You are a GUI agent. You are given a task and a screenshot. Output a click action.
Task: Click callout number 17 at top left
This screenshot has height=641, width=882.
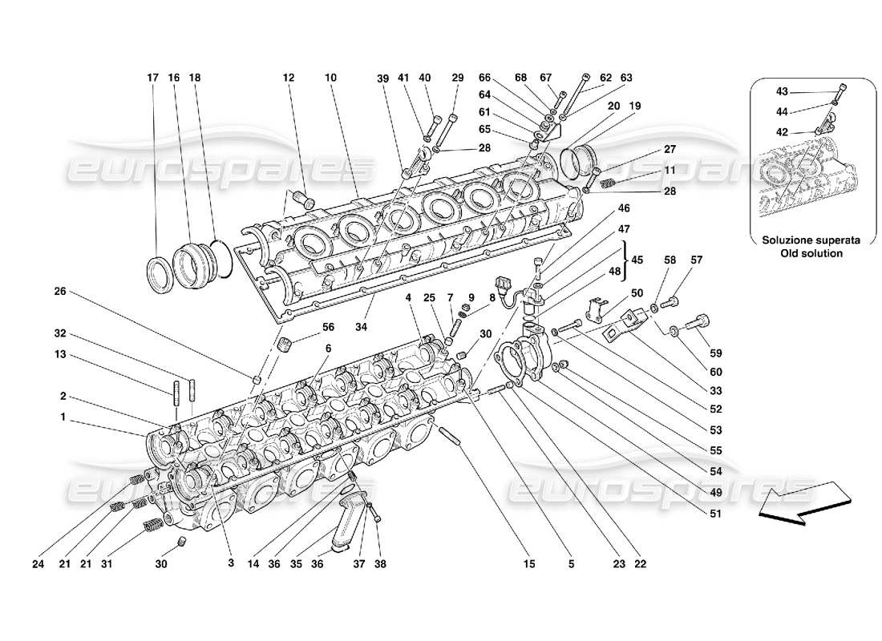152,78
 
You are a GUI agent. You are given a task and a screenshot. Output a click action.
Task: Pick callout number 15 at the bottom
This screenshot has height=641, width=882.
530,563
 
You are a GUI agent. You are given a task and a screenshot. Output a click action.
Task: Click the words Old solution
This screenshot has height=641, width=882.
811,253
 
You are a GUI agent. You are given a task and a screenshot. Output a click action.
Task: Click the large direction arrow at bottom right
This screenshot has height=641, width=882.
799,504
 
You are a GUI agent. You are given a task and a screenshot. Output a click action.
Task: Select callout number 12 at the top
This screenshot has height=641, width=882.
289,78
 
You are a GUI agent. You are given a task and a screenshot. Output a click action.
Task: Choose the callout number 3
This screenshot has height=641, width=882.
230,563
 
